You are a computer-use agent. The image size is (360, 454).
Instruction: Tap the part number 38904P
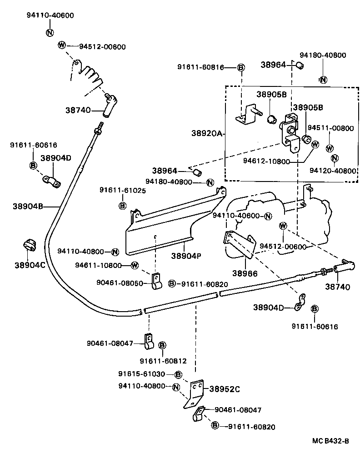click(186, 256)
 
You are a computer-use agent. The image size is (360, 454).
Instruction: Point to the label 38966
click(245, 273)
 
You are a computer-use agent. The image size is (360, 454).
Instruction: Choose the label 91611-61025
click(123, 191)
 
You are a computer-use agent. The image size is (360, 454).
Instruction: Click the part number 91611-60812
click(163, 361)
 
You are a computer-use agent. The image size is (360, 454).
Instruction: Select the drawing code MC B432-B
click(330, 441)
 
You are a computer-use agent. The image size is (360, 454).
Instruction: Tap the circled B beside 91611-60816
click(241, 68)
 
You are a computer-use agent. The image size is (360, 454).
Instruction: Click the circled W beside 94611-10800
click(135, 265)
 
